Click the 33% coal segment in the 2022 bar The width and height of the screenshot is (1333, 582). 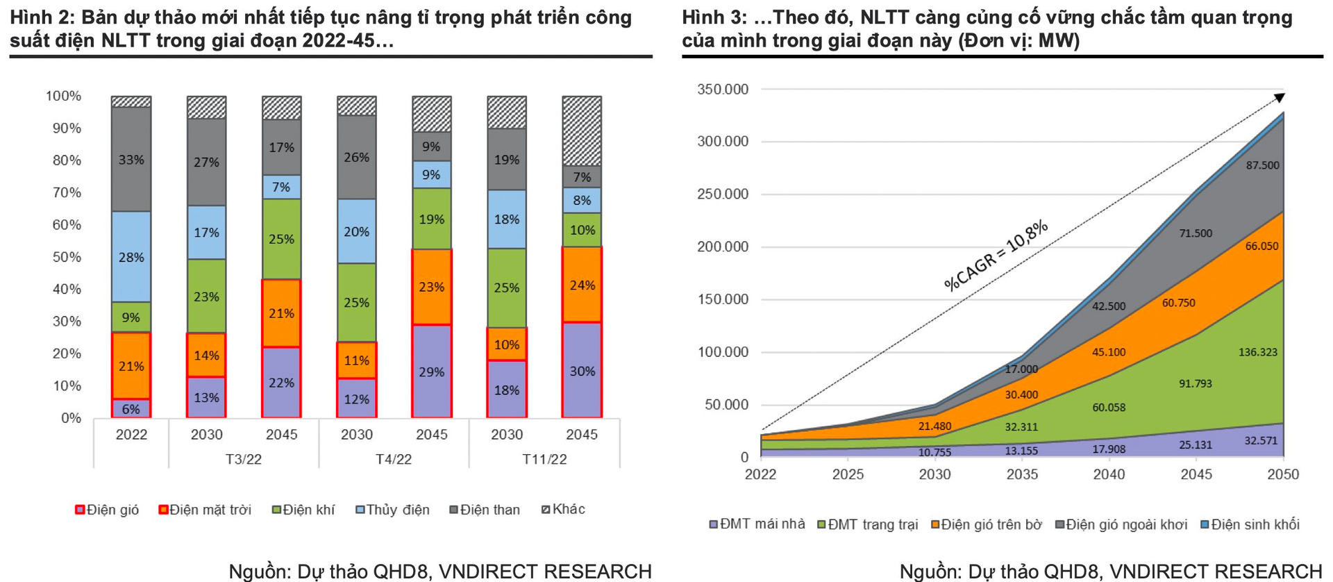pos(131,160)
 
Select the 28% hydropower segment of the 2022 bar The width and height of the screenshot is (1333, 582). pos(131,257)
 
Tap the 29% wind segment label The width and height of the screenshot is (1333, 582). pos(431,372)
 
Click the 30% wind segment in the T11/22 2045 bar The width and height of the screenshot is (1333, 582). pos(582,371)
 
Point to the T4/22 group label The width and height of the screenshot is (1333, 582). pos(394,459)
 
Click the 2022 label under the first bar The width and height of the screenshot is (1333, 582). pos(131,435)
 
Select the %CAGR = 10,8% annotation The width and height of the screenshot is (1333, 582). pos(996,255)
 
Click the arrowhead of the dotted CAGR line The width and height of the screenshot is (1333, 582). pos(1280,98)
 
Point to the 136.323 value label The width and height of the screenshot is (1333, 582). pos(1257,352)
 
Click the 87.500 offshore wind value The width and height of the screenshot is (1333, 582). pos(1262,165)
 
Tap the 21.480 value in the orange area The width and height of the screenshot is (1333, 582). pos(934,426)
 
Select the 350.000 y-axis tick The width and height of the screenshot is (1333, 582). pos(723,90)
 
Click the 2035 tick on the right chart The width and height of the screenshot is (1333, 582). pos(1022,474)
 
